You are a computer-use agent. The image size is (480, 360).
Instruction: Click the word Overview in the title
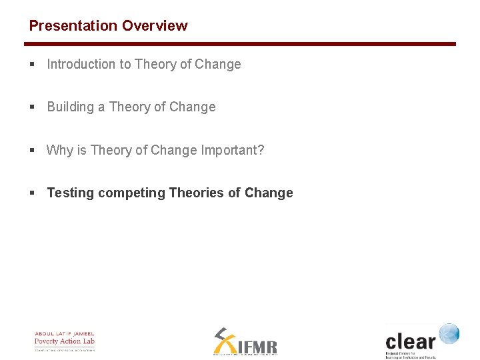point(155,26)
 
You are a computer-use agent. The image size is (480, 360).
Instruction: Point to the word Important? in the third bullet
point(233,151)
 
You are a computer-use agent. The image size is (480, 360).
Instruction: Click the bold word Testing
point(71,193)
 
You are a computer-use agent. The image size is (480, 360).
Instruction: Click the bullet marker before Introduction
point(32,65)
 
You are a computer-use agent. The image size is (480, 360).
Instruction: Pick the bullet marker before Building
point(32,107)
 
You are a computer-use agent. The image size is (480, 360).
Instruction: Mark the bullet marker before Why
point(32,151)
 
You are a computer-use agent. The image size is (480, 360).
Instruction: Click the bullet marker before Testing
point(32,193)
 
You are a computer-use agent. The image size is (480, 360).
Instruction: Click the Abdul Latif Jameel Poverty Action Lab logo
point(65,341)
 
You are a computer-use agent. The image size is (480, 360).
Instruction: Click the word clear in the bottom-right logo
point(410,342)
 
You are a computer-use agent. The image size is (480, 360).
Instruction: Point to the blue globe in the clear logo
point(449,333)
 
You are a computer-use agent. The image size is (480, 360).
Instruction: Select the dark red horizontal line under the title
point(240,44)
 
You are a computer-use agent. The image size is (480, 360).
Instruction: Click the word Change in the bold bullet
point(269,193)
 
